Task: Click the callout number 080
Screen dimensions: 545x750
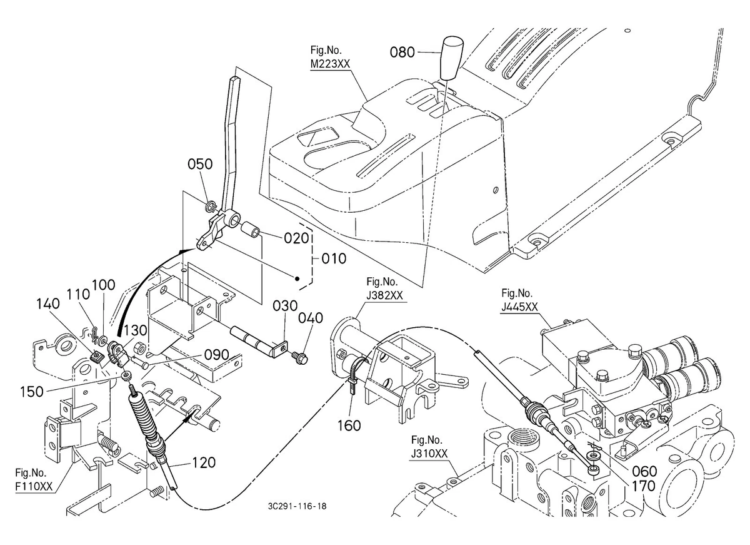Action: pyautogui.click(x=402, y=53)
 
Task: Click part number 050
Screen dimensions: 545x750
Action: pyautogui.click(x=201, y=165)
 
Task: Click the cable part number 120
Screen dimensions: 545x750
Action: pyautogui.click(x=203, y=463)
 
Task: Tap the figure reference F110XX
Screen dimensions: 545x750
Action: pyautogui.click(x=34, y=486)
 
